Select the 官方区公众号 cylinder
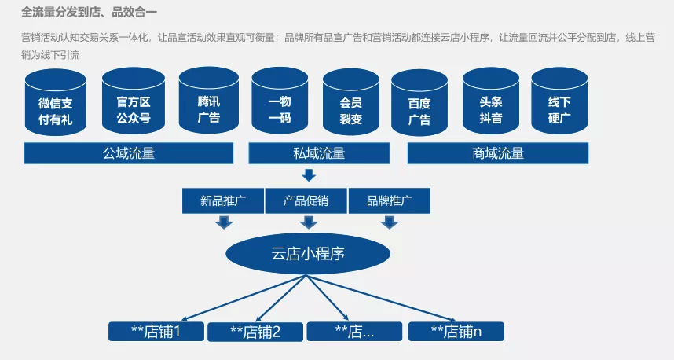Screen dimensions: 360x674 (x=133, y=103)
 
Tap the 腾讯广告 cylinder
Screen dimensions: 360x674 (x=208, y=103)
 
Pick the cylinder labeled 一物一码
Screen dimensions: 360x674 (x=280, y=103)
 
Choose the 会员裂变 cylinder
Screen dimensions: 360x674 (x=350, y=103)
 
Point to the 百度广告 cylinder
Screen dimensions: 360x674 (x=419, y=105)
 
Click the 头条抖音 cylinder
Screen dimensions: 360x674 (x=491, y=103)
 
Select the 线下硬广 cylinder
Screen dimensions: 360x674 (x=559, y=103)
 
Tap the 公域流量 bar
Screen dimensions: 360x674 (x=129, y=153)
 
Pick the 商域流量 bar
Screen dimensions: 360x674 (x=498, y=153)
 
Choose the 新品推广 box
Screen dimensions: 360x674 (x=223, y=200)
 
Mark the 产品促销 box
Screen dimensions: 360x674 (x=306, y=200)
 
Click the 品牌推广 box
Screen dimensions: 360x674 (x=389, y=200)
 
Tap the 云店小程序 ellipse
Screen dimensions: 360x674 (x=308, y=253)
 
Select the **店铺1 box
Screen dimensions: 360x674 (x=156, y=331)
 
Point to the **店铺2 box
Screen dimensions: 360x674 (x=255, y=332)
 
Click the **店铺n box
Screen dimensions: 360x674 (x=456, y=332)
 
